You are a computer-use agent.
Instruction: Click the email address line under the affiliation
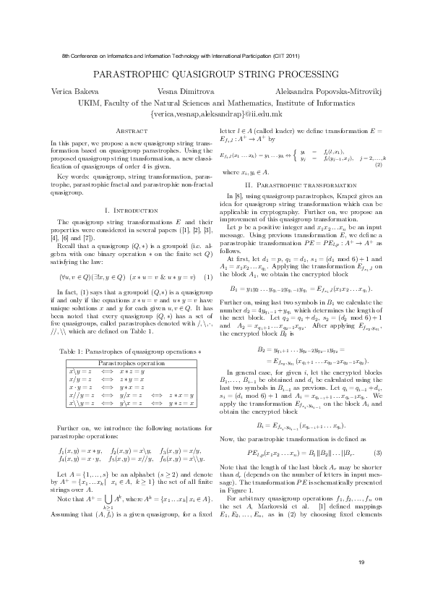[215, 114]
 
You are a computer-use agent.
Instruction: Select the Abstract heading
[132, 130]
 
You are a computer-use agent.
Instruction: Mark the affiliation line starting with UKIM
[215, 103]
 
